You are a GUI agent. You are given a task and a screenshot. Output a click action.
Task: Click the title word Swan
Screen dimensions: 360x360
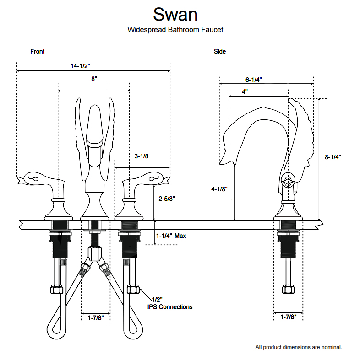(x=175, y=14)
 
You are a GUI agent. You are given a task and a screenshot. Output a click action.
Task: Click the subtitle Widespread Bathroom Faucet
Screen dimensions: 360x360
(x=175, y=30)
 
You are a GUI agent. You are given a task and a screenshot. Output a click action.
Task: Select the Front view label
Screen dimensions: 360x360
(x=37, y=51)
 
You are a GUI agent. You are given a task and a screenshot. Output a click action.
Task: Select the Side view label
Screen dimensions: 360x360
(x=220, y=51)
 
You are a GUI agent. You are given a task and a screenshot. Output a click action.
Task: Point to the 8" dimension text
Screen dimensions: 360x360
(x=94, y=79)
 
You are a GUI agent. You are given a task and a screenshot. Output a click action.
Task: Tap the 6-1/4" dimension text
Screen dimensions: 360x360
(x=253, y=79)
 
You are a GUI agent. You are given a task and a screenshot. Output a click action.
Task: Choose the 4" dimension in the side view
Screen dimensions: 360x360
(x=245, y=91)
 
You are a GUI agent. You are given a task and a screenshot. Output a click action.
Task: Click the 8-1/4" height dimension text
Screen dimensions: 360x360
(x=333, y=157)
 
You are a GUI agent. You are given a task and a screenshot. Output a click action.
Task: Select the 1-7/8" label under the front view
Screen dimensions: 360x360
(x=96, y=317)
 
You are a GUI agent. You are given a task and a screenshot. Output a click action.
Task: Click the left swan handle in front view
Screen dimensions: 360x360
(x=39, y=178)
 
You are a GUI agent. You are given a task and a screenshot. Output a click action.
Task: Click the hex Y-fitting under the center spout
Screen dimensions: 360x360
(x=95, y=253)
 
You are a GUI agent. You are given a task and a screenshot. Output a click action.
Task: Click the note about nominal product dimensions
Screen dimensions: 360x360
(x=298, y=347)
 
